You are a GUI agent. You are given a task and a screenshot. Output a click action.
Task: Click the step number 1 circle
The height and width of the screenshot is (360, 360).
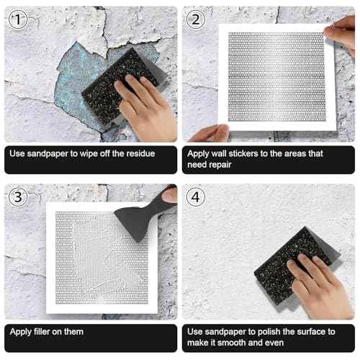pyautogui.click(x=19, y=21)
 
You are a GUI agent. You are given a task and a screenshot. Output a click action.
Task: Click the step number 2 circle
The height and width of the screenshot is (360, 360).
pyautogui.click(x=197, y=21)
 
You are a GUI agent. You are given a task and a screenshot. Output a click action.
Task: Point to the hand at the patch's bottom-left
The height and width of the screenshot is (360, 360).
pyautogui.click(x=212, y=133)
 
